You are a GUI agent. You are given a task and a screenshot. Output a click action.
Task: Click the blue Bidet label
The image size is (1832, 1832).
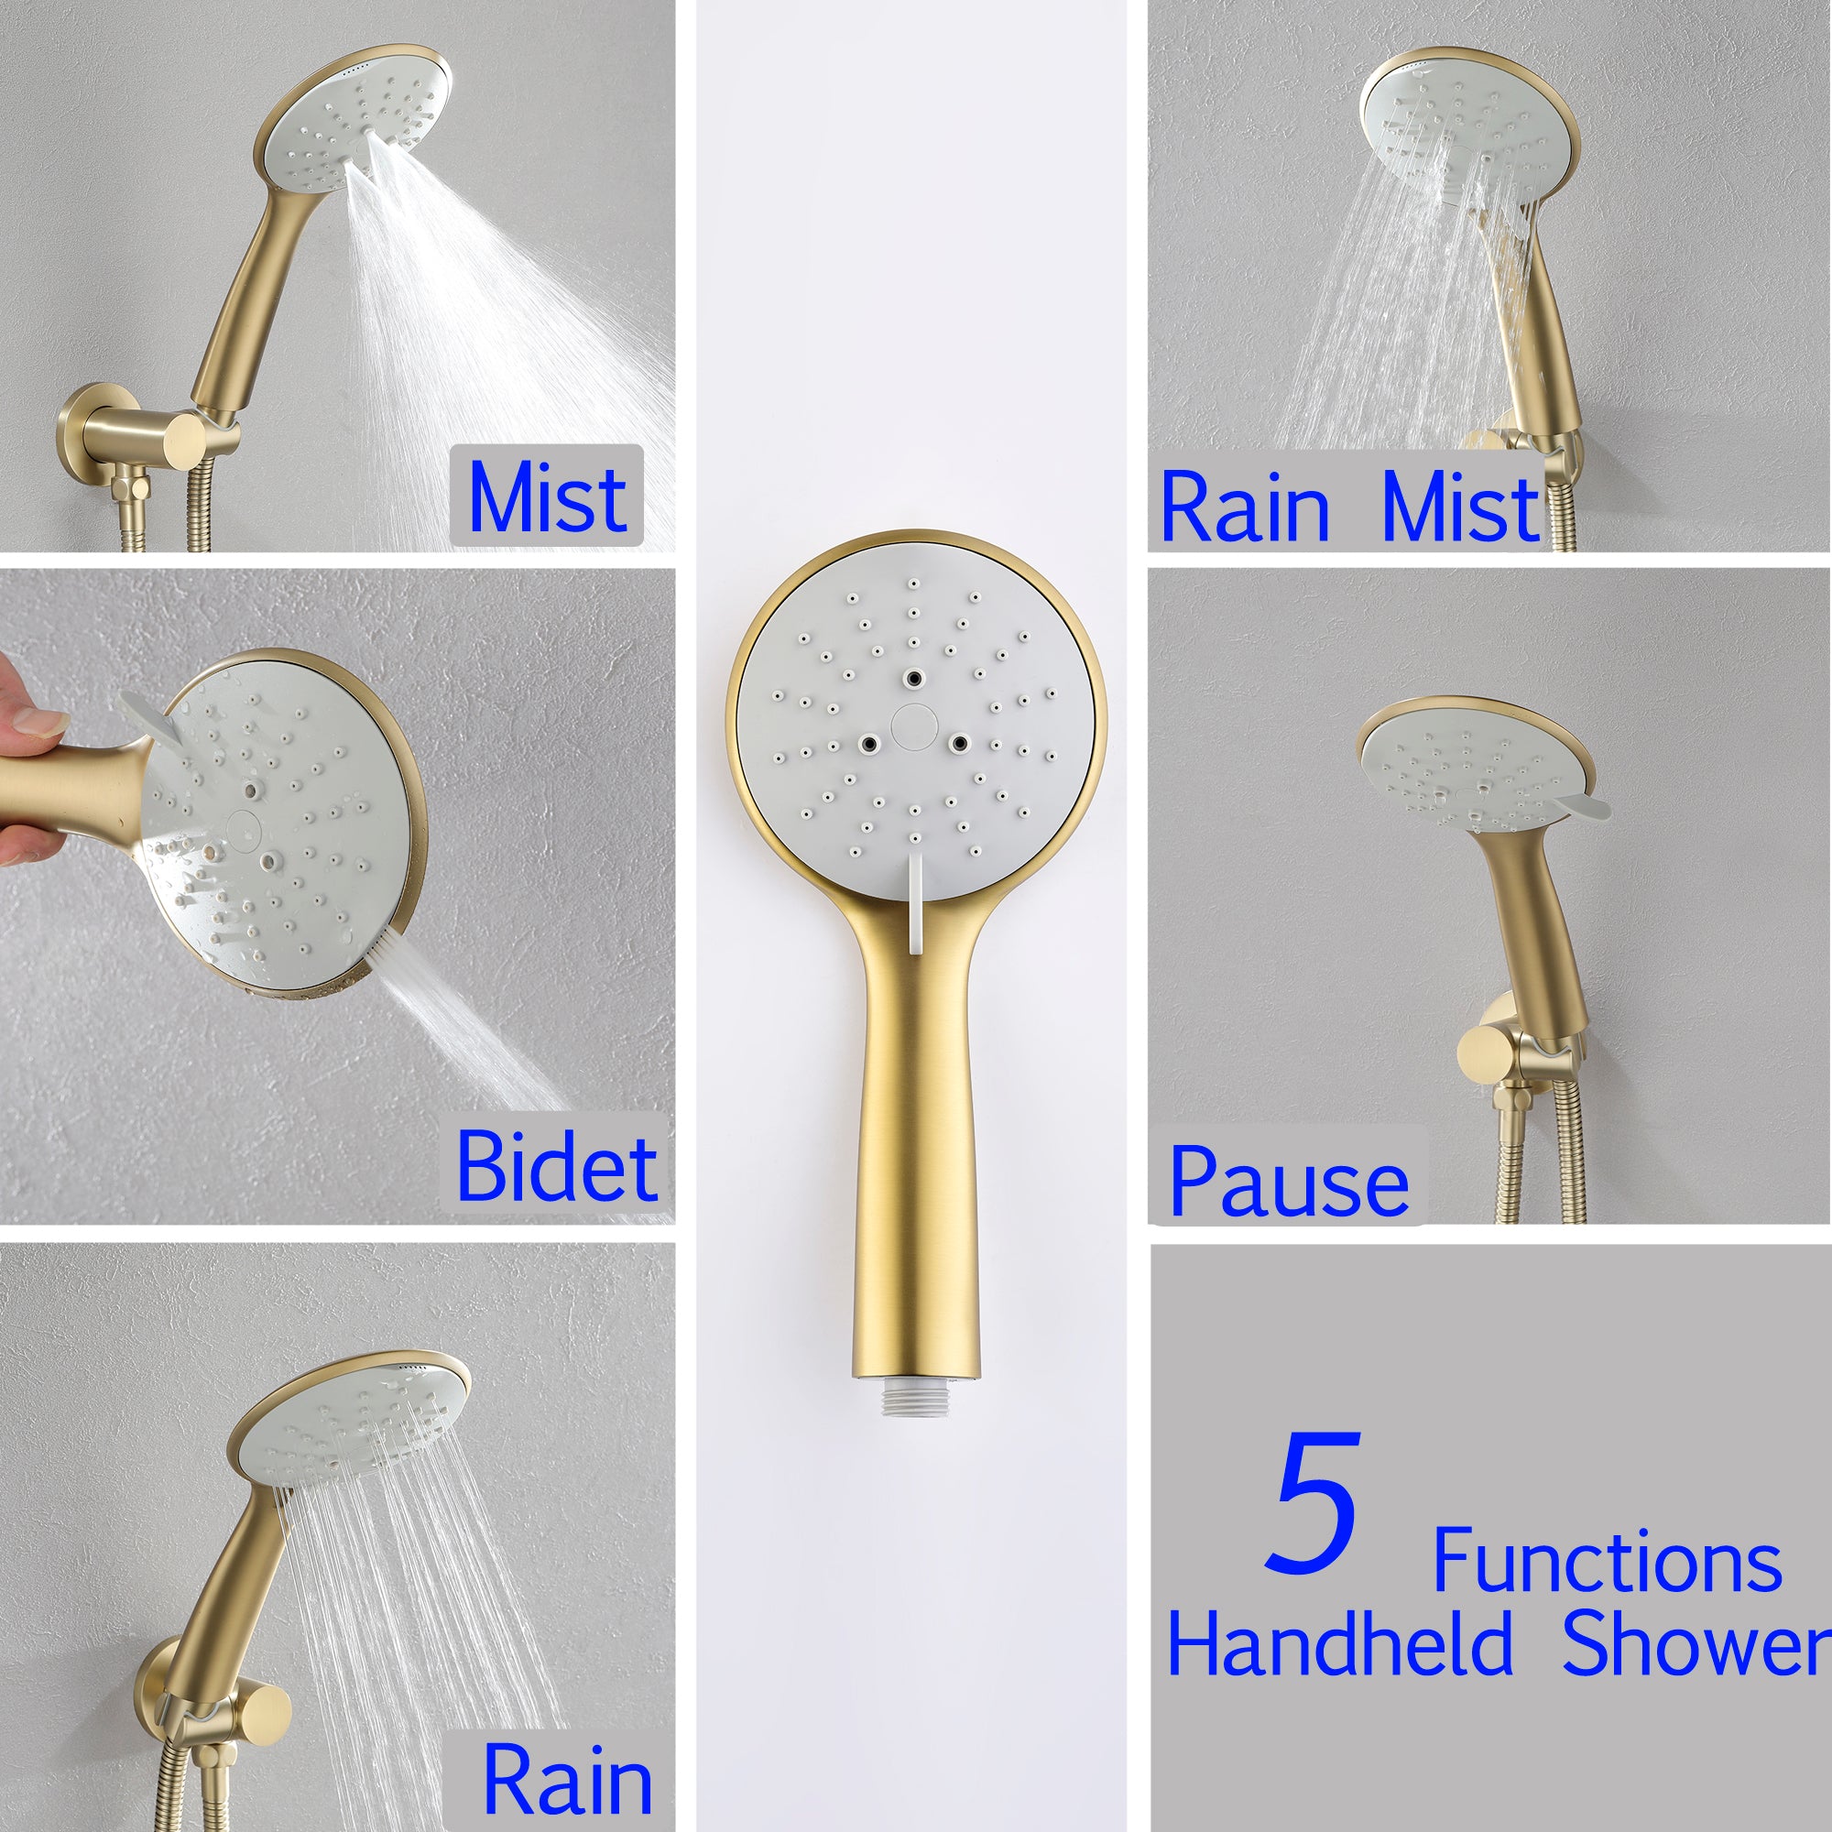[557, 1166]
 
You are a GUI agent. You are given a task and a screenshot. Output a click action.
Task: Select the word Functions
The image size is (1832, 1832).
[1607, 1562]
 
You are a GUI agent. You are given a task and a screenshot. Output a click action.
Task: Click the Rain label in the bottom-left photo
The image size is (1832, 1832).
[567, 1780]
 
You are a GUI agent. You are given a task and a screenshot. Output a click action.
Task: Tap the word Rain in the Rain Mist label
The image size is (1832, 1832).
[1244, 509]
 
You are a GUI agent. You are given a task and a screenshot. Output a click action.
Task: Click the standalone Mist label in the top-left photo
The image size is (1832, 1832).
[547, 496]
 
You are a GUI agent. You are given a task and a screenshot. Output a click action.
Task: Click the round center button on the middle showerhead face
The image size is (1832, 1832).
[914, 725]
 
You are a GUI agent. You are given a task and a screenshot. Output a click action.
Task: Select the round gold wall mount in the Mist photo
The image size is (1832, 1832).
[95, 428]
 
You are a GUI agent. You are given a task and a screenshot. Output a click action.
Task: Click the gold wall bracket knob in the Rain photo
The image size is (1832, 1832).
[265, 1712]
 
